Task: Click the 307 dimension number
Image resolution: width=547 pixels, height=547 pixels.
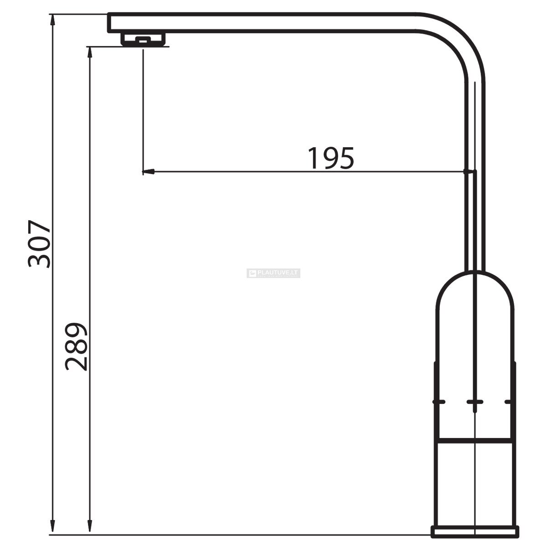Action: (x=40, y=244)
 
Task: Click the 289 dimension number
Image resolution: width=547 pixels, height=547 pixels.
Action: (x=76, y=346)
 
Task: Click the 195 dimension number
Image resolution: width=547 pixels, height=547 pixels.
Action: (x=331, y=158)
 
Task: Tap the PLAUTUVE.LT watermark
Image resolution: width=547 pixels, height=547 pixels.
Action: (x=273, y=273)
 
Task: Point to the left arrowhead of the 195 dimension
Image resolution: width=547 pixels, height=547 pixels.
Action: (x=148, y=172)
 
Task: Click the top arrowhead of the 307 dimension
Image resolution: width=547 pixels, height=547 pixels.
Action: (x=52, y=20)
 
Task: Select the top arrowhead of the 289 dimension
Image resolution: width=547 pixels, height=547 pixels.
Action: (x=90, y=53)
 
